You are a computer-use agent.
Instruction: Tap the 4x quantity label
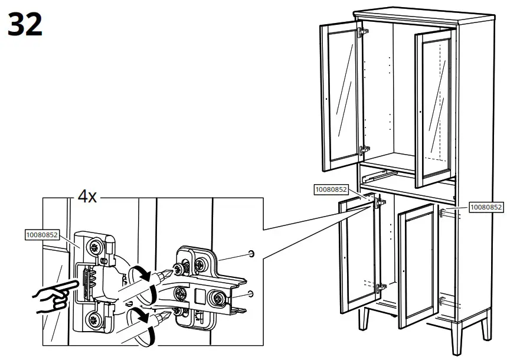pyautogui.click(x=87, y=197)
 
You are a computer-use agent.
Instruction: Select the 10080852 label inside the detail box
pyautogui.click(x=41, y=234)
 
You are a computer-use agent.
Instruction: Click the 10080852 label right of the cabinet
pyautogui.click(x=486, y=207)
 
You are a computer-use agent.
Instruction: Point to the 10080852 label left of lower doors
pyautogui.click(x=331, y=189)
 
